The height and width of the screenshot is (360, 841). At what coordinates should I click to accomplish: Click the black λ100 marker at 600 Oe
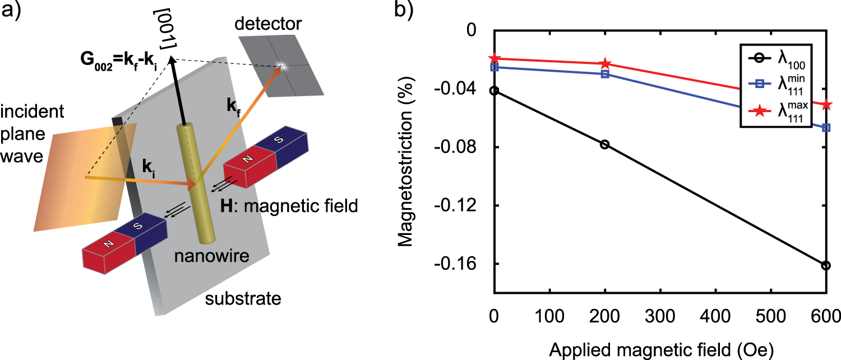826,265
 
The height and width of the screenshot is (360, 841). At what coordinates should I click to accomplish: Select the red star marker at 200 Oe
605,64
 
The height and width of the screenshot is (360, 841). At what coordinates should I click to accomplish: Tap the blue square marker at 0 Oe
494,67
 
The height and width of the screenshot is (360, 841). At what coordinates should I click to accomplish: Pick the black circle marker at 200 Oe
605,145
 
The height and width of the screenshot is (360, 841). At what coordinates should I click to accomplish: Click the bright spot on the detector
282,66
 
